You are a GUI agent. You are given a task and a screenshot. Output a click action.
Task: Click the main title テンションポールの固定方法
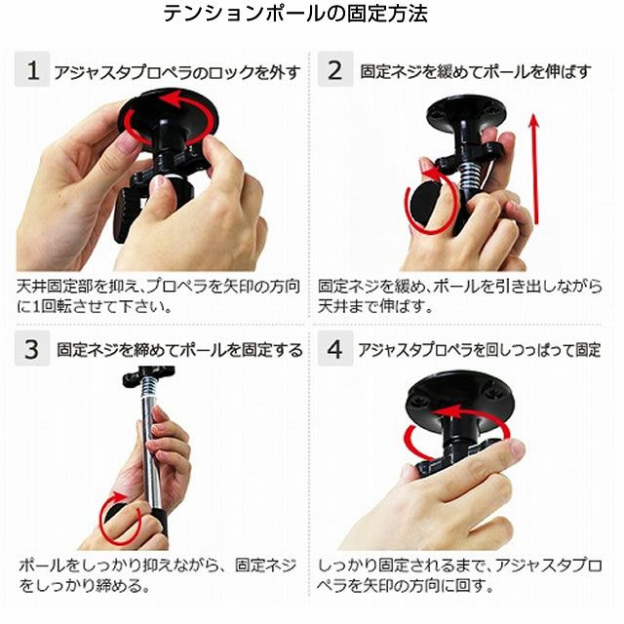point(295,14)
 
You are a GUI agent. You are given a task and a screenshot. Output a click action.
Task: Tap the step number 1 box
point(32,69)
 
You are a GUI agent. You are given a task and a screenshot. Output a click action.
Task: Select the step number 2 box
point(335,69)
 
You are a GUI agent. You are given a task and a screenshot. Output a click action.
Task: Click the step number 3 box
point(32,348)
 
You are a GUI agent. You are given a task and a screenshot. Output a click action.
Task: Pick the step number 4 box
point(335,348)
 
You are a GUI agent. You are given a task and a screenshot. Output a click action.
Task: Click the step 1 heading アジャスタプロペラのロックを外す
point(177,72)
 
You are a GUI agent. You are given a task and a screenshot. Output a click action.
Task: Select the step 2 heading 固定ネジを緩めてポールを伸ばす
point(476,71)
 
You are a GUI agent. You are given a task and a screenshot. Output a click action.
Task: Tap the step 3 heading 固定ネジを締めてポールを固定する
point(179,350)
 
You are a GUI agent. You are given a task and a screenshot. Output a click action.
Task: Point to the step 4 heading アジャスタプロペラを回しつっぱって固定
point(480,350)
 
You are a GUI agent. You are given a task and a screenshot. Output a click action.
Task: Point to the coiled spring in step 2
point(470,175)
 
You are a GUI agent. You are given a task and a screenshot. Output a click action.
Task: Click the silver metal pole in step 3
point(152,449)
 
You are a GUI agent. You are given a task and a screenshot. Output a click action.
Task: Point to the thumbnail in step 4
point(516,448)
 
